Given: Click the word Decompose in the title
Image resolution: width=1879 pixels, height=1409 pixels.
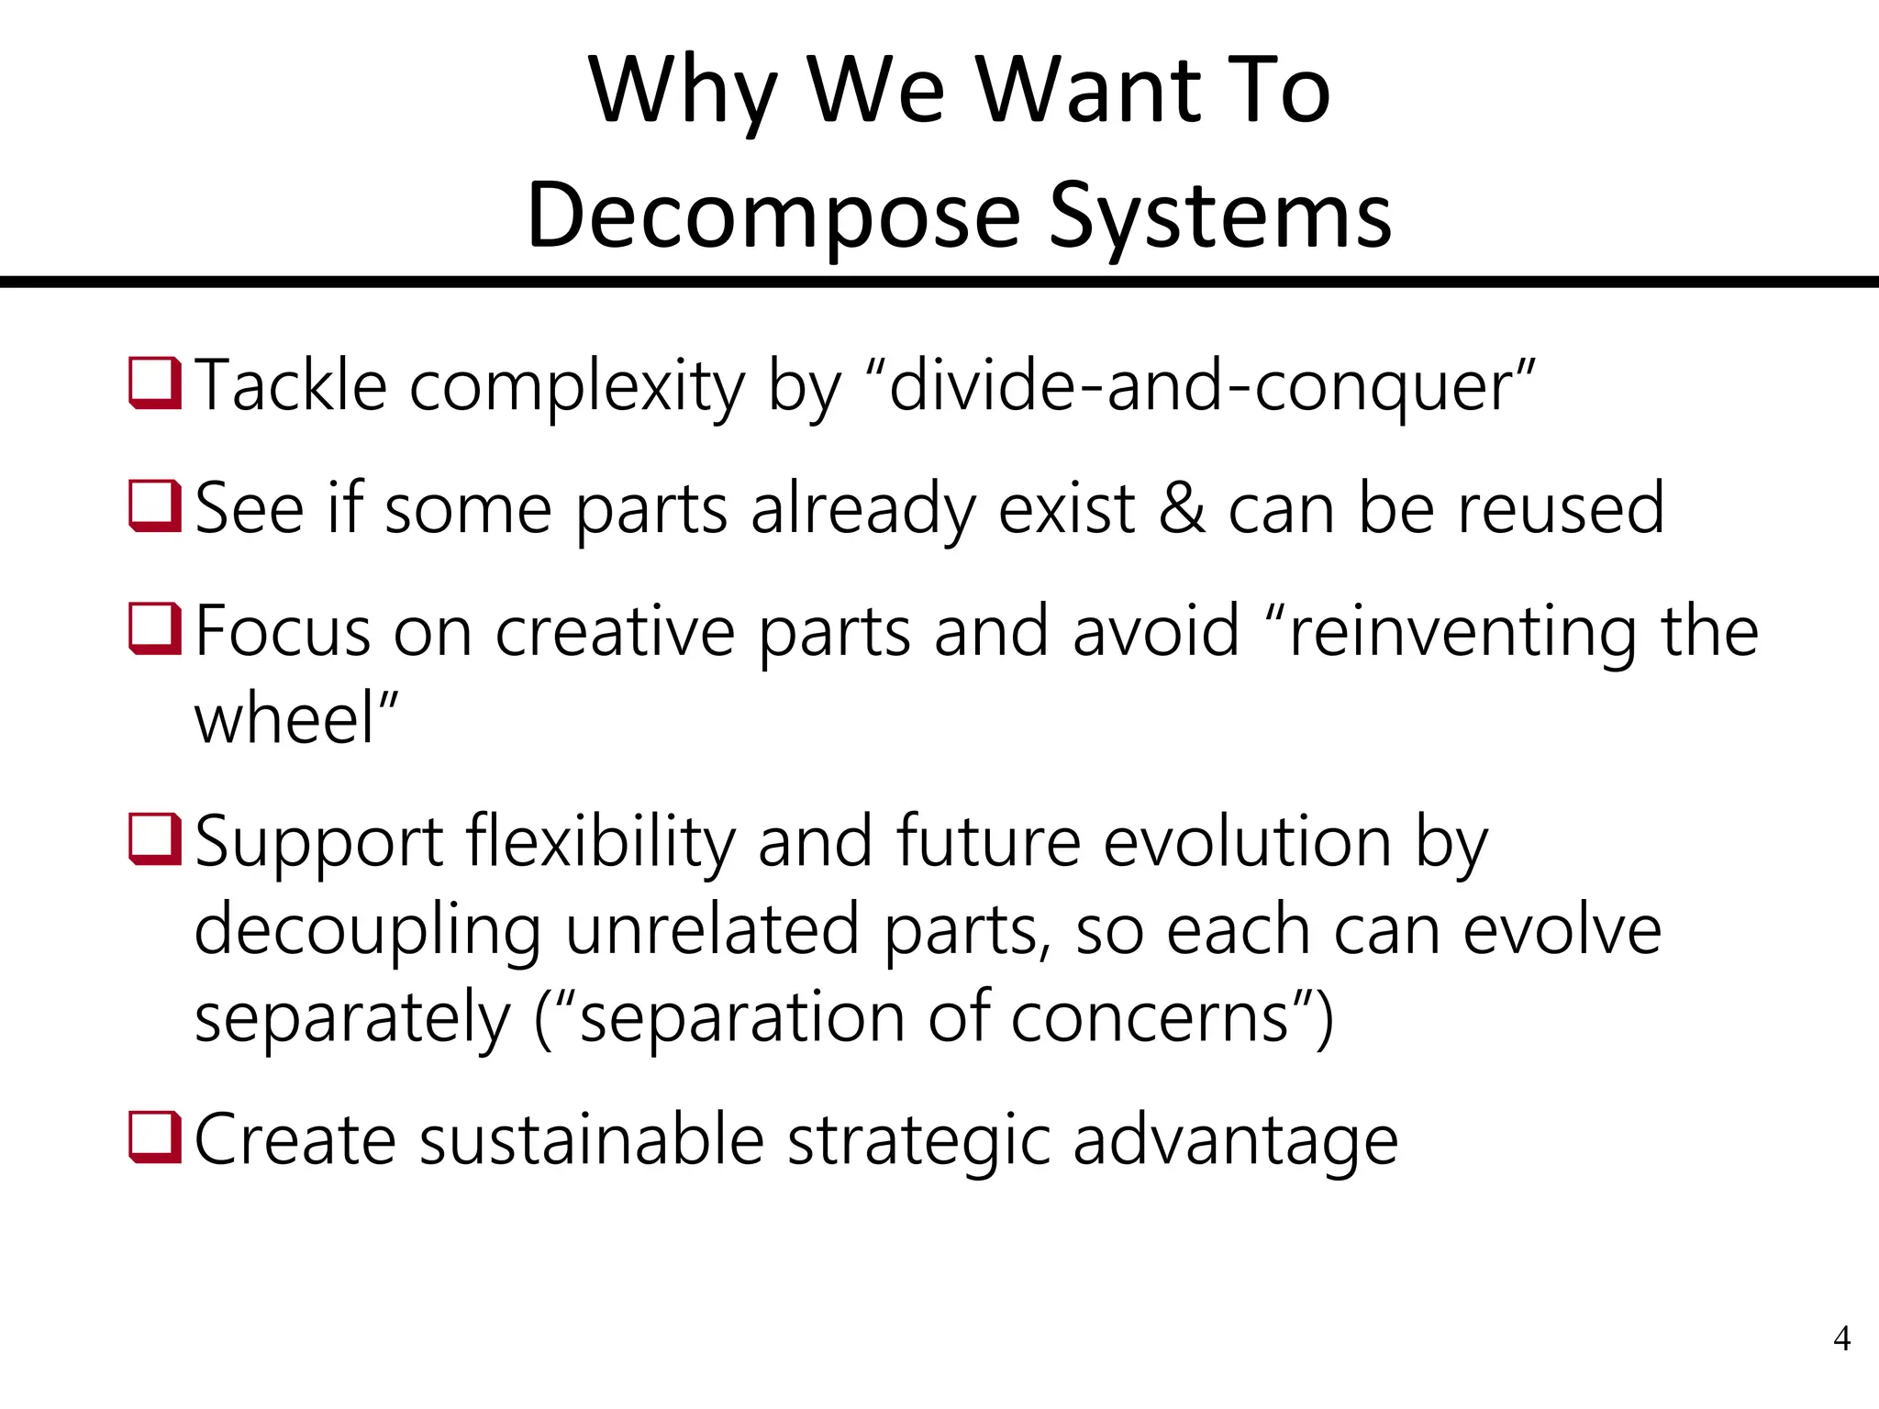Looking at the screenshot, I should (x=773, y=216).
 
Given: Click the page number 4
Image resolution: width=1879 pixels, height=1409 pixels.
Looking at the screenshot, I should (x=1841, y=1339).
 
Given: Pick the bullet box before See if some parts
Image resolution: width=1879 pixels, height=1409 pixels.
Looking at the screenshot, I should (x=155, y=506).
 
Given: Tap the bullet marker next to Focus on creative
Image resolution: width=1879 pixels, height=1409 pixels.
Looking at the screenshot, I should (x=155, y=629).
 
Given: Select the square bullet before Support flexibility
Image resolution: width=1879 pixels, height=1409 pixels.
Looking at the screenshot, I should (x=155, y=839).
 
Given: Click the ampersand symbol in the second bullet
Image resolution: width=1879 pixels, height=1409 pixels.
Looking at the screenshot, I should (x=1182, y=508).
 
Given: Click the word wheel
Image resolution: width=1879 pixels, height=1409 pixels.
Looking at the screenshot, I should (x=285, y=718).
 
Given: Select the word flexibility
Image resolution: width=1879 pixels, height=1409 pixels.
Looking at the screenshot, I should (x=601, y=841).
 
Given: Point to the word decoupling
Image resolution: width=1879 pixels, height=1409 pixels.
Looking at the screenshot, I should (x=368, y=930).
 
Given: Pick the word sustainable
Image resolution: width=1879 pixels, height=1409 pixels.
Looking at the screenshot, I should (x=593, y=1140).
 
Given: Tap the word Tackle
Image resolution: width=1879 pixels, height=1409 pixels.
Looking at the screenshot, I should (x=292, y=385).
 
